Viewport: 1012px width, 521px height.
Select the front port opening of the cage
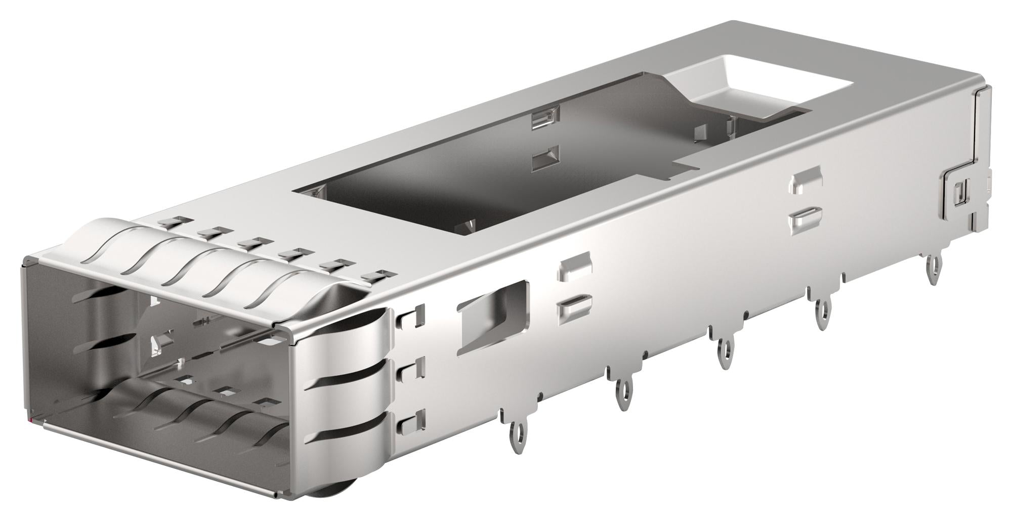(152, 354)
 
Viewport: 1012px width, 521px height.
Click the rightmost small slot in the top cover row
(380, 276)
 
